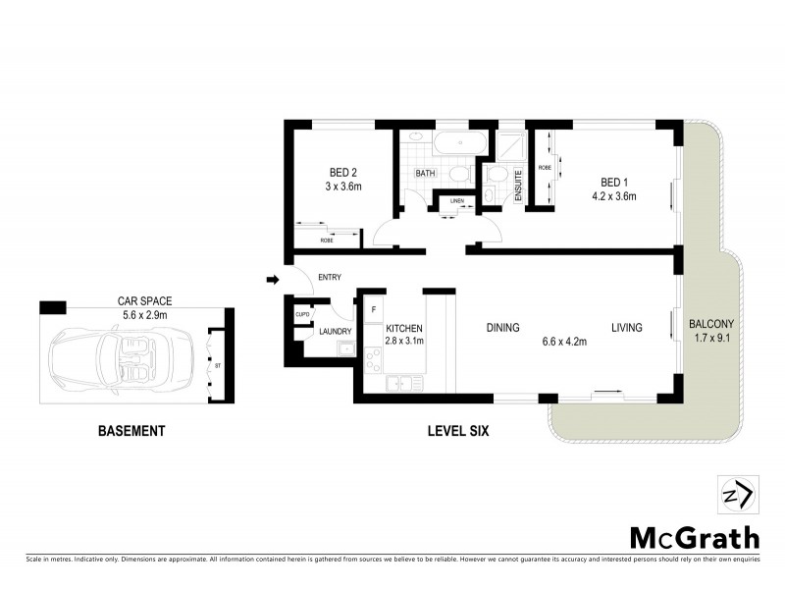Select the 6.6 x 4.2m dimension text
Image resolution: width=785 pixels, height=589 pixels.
coord(564,342)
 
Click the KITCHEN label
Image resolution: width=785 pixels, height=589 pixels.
coord(404,328)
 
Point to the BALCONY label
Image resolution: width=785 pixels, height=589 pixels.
coord(711,324)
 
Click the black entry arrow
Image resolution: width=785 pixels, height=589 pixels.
coord(273,281)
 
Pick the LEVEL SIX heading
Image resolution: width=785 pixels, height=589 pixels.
coord(459,430)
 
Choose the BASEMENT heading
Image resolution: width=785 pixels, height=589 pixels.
coord(131,430)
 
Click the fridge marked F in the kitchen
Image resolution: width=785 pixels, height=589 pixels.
coord(372,309)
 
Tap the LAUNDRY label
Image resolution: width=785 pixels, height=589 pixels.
coord(336,332)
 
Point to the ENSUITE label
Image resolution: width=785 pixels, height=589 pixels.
coord(519,186)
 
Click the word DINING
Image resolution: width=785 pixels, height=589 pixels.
coord(501,328)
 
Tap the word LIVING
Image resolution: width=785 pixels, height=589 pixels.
coord(626,328)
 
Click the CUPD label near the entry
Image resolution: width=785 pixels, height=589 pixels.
coord(302,315)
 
